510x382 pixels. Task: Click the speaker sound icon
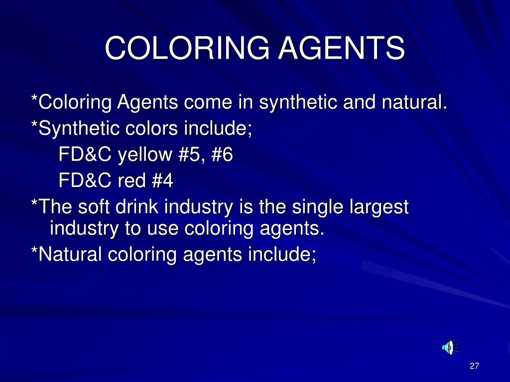[450, 347]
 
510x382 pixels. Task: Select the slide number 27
[474, 367]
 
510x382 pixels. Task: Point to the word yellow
[145, 155]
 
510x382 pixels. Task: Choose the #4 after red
[161, 180]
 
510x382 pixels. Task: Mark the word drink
[139, 205]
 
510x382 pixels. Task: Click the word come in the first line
[208, 103]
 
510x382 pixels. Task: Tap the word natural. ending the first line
[414, 103]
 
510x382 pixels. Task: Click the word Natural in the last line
[69, 254]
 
